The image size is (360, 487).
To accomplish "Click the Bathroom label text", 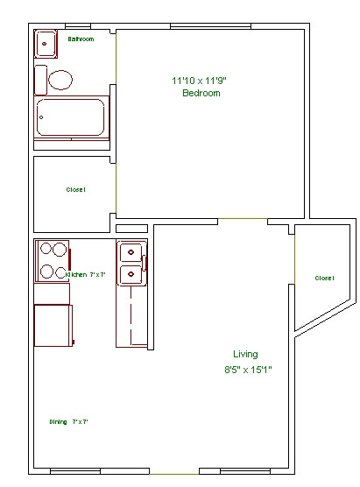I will click(x=81, y=39).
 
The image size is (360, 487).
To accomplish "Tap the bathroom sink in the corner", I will click(x=46, y=42).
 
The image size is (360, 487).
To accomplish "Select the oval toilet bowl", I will click(x=60, y=81).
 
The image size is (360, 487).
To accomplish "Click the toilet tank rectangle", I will click(x=40, y=81).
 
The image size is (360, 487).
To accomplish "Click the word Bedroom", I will click(x=201, y=93).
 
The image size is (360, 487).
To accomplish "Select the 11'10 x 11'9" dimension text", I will click(x=201, y=81).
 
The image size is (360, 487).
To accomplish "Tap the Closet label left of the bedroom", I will click(x=76, y=190).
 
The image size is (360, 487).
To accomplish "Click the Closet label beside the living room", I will click(x=324, y=278).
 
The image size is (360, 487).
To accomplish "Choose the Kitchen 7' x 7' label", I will click(x=84, y=275).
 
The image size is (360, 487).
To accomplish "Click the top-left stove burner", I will click(x=44, y=249).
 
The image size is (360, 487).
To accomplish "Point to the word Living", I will click(x=245, y=355).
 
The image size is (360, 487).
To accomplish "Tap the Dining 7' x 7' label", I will click(x=68, y=422).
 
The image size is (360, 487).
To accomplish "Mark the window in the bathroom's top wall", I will click(x=77, y=25).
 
